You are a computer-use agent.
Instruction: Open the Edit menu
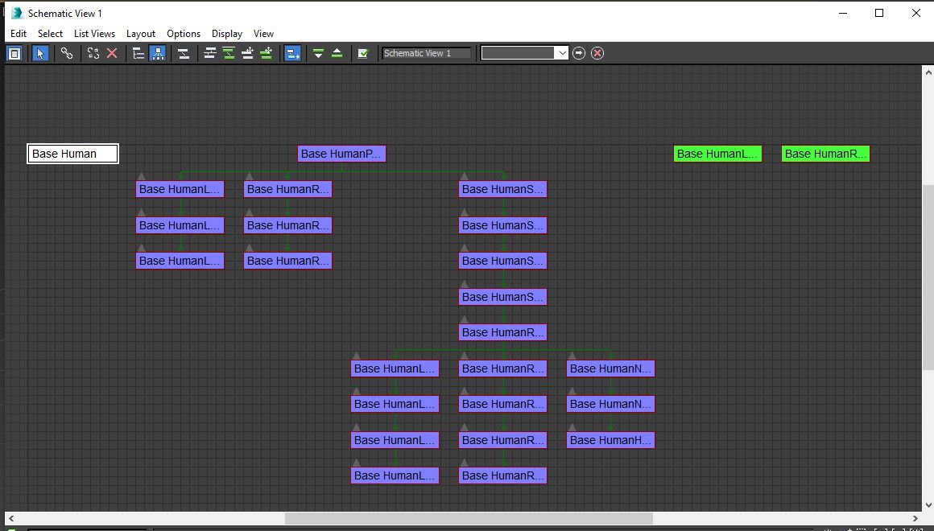tap(19, 34)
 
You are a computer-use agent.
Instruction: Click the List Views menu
tap(94, 34)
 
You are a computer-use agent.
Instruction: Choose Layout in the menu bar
tap(141, 34)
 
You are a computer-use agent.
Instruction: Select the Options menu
tap(184, 34)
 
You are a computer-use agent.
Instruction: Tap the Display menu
tap(227, 34)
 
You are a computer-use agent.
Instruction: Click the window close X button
tap(916, 13)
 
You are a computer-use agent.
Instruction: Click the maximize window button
tap(879, 13)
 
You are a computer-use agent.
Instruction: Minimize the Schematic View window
tap(843, 13)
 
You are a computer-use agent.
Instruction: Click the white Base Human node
tap(73, 154)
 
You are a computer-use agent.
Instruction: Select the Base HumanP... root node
tap(341, 154)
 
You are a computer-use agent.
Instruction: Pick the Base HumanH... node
tap(610, 440)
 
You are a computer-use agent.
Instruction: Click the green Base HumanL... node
tap(717, 154)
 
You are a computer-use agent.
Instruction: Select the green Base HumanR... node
tap(825, 154)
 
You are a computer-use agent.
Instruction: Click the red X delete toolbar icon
tap(112, 53)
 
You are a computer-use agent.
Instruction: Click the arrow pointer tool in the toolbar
tap(40, 53)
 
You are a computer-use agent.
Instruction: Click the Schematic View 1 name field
tap(426, 53)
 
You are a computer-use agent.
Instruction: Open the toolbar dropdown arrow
tap(562, 53)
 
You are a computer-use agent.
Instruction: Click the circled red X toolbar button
tap(597, 53)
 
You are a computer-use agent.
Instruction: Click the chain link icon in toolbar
tap(67, 53)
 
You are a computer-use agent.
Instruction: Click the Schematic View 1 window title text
tap(65, 13)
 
